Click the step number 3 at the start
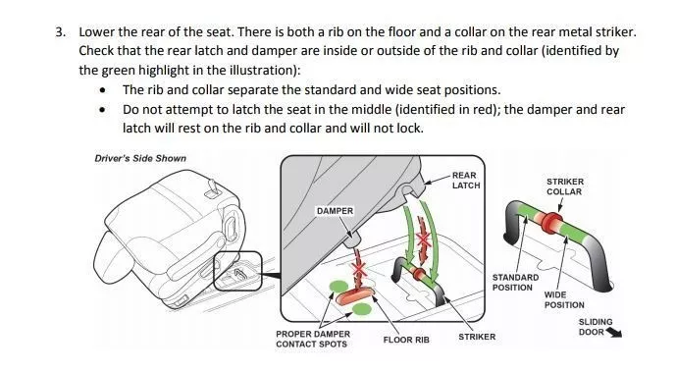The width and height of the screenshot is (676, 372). tap(61, 32)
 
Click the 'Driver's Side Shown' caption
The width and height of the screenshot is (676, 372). tap(140, 159)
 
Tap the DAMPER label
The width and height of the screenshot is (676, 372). tap(335, 211)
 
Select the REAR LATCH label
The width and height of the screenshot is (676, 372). tap(466, 181)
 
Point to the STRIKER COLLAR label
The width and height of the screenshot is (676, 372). tap(565, 186)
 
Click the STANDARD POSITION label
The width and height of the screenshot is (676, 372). tap(515, 283)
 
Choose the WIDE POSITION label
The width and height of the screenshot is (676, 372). tap(564, 300)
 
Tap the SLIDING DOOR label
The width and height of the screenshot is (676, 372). tap(595, 327)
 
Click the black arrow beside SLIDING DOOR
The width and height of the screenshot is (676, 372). tap(614, 333)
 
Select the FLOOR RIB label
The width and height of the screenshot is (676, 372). tap(406, 340)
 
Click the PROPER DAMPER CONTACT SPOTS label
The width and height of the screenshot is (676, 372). tap(313, 339)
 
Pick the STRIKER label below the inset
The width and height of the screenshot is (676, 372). tap(477, 337)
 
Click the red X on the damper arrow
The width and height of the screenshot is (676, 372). tap(359, 270)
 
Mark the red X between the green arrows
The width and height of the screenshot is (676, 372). tap(424, 239)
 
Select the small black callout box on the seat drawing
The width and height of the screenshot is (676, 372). tap(237, 271)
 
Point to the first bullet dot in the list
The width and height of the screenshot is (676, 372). tap(102, 90)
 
